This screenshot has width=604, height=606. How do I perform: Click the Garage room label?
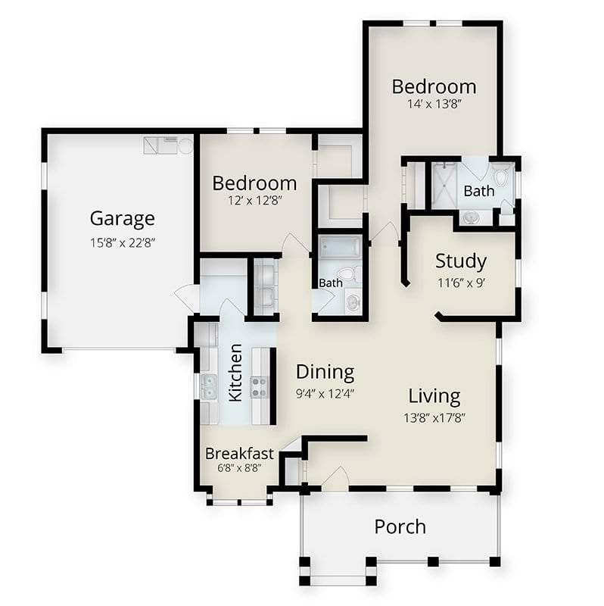[x=123, y=219]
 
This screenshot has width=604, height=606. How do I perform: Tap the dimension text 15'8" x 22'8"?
[x=123, y=243]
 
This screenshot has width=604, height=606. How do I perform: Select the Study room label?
[x=461, y=262]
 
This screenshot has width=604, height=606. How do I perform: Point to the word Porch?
[x=400, y=526]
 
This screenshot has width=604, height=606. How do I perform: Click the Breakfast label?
[x=239, y=454]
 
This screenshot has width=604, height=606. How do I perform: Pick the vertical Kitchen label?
[x=235, y=373]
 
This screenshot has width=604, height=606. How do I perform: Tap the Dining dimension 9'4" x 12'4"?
[x=325, y=394]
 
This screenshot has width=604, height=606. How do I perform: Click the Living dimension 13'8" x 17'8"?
[x=434, y=418]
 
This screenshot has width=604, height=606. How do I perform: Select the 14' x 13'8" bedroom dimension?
[x=434, y=104]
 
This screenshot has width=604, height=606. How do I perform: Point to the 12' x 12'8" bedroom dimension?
[x=255, y=201]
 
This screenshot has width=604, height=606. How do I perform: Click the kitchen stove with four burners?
[x=259, y=387]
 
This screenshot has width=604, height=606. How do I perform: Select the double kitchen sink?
[x=209, y=386]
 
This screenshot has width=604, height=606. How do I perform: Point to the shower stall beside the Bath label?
[x=444, y=185]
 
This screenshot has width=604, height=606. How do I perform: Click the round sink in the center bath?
[x=353, y=303]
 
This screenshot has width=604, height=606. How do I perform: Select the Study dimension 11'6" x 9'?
[x=461, y=283]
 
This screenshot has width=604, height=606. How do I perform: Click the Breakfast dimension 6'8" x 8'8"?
[x=239, y=468]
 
